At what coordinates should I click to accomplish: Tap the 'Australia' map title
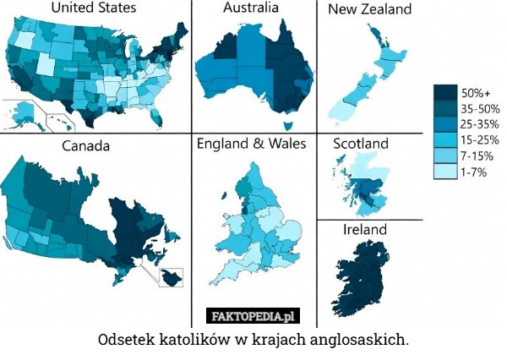coord(252,9)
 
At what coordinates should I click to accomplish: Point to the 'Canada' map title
coord(85,145)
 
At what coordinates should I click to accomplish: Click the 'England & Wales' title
coord(252,144)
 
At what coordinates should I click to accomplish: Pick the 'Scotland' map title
coord(361,144)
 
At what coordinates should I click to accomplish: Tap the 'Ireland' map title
coord(365,230)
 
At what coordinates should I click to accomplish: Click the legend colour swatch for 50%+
coord(446,92)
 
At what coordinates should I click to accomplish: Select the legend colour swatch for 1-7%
coord(446,172)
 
